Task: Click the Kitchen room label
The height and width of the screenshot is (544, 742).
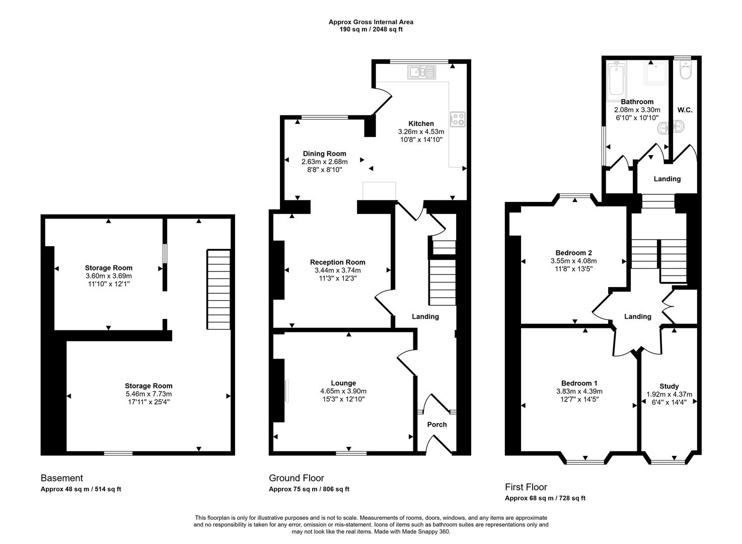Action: [x=421, y=123]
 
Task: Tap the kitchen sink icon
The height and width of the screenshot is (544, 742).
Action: [x=423, y=73]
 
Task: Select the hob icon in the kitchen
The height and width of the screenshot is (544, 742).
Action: [x=457, y=119]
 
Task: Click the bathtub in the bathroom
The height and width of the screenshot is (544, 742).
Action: [x=616, y=79]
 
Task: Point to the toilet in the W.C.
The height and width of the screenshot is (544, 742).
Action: [x=685, y=71]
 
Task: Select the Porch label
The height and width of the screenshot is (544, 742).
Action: [x=436, y=424]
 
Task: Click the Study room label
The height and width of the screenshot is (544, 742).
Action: [x=669, y=386]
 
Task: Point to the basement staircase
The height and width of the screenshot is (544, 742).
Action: [x=218, y=290]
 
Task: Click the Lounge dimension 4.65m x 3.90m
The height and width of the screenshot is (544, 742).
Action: [x=343, y=391]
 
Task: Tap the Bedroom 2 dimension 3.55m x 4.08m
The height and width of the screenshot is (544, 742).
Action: [x=573, y=261]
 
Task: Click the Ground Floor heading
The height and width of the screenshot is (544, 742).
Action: [x=296, y=478]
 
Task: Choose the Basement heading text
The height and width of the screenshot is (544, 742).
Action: [x=62, y=478]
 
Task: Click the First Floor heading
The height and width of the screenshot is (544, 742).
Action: [x=526, y=487]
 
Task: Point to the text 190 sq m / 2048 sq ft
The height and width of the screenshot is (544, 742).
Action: [x=371, y=29]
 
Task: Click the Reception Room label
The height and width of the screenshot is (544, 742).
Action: [x=337, y=262]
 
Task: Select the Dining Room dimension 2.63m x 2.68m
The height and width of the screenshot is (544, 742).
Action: [x=324, y=162]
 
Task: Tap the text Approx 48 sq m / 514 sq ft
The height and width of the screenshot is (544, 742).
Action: [x=81, y=489]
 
